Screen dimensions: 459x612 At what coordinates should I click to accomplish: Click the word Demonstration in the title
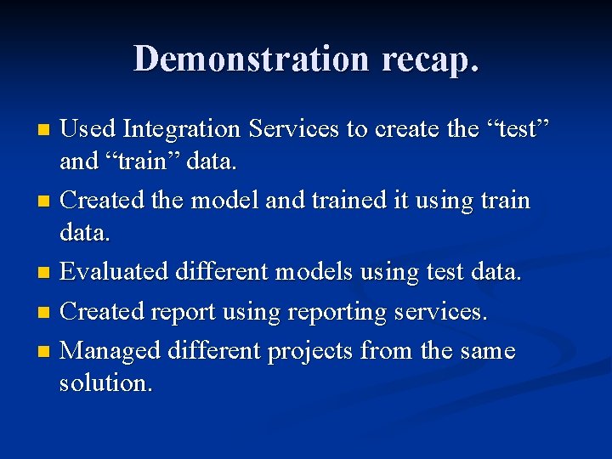251,59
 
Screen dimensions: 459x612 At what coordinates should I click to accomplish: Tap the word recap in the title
431,59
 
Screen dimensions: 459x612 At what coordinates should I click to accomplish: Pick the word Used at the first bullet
89,129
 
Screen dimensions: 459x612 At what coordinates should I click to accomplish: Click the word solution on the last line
106,382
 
